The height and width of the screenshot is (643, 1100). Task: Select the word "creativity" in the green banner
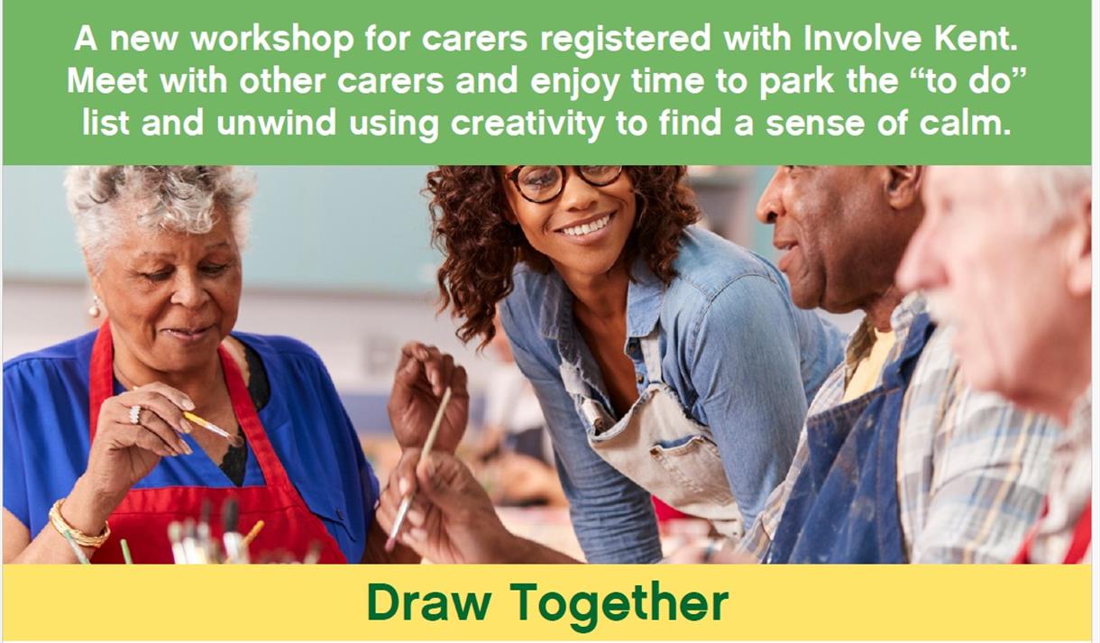click(527, 124)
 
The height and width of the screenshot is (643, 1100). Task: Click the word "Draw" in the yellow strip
click(428, 602)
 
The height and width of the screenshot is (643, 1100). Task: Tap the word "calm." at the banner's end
click(965, 123)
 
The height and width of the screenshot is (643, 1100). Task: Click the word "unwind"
click(277, 123)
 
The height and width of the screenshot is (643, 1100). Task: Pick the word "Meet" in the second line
click(107, 80)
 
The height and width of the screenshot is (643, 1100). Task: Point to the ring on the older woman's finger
click(135, 414)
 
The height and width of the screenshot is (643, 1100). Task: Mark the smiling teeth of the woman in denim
click(586, 226)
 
